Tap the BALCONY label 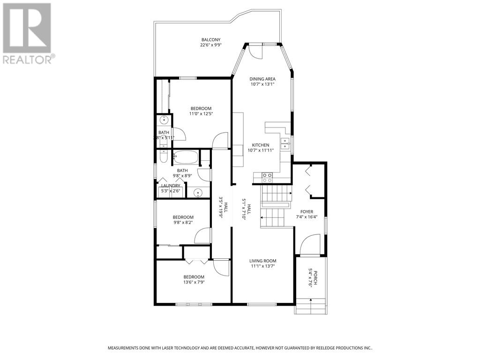(211, 40)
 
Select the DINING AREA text (262, 79)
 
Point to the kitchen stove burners (267, 177)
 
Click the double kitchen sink (285, 143)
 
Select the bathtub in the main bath (186, 157)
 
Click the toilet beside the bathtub (163, 157)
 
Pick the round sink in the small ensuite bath (164, 120)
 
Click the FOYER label (307, 211)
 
